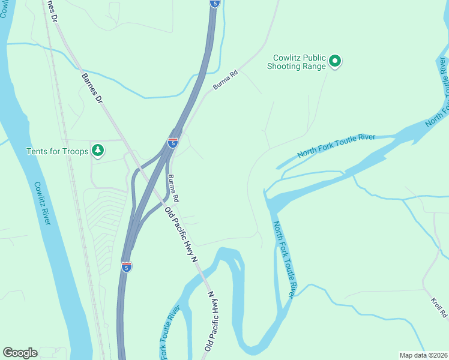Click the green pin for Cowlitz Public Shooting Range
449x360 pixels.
(x=336, y=61)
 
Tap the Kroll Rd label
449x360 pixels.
(x=439, y=307)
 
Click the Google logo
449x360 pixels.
(x=20, y=353)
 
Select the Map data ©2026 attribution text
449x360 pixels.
(x=423, y=355)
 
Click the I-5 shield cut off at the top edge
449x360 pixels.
(x=215, y=3)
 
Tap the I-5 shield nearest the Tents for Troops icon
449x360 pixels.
(x=172, y=143)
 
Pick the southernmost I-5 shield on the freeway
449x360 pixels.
(x=126, y=266)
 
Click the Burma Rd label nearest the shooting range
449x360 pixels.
(x=225, y=80)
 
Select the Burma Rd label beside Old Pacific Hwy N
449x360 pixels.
(x=173, y=188)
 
